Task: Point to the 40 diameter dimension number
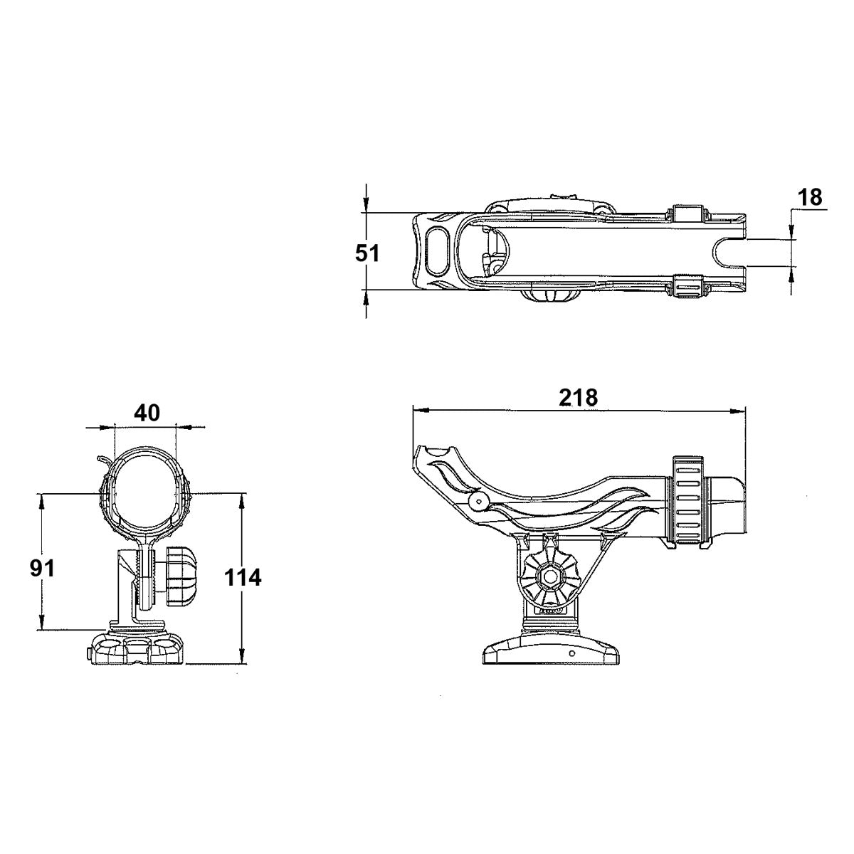[x=147, y=413]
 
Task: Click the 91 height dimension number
[x=43, y=568]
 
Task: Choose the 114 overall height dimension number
[x=243, y=577]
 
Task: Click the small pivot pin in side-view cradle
[x=478, y=502]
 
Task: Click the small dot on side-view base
[x=571, y=652]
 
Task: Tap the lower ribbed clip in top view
[x=688, y=288]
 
